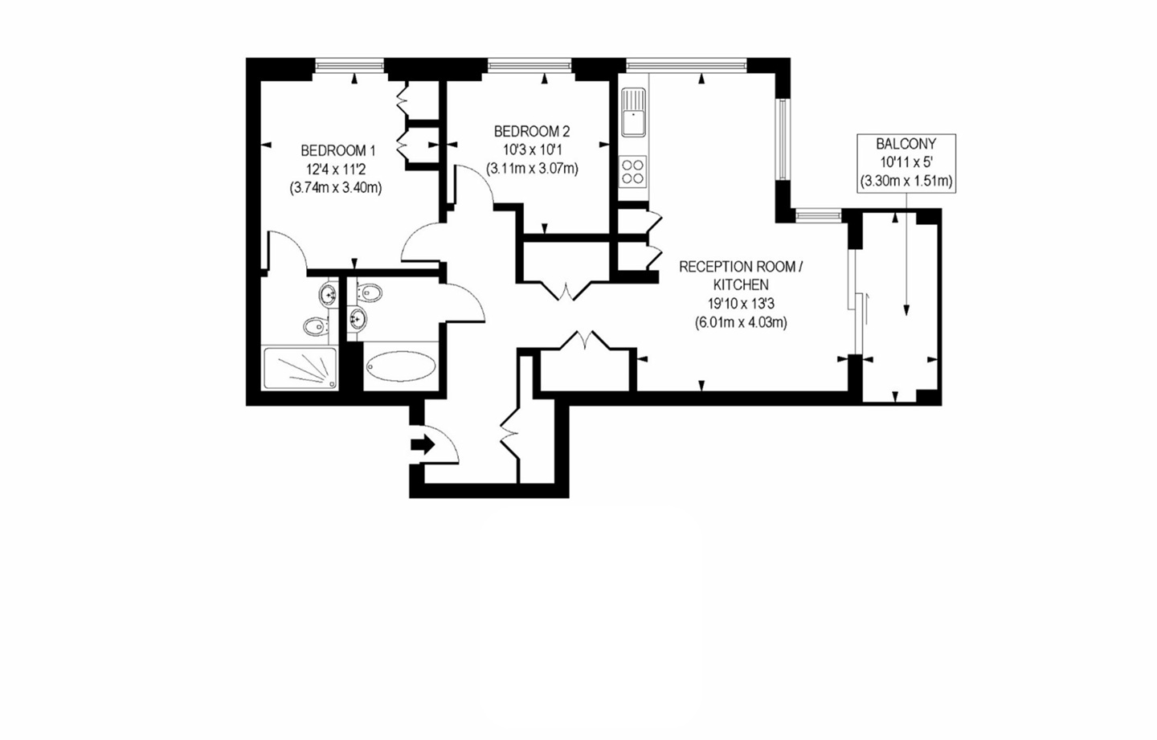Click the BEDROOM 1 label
click(x=337, y=150)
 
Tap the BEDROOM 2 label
click(x=531, y=131)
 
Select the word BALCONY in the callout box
click(x=906, y=144)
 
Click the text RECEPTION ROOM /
click(x=740, y=267)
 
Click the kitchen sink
click(x=633, y=112)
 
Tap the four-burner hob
click(x=633, y=170)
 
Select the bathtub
click(x=401, y=367)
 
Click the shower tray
click(x=300, y=369)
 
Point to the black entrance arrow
click(x=422, y=444)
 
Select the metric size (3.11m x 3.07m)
click(x=532, y=169)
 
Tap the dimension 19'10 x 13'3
click(x=741, y=304)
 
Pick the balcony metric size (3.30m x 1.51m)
click(x=906, y=182)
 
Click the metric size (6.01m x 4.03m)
click(x=741, y=323)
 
